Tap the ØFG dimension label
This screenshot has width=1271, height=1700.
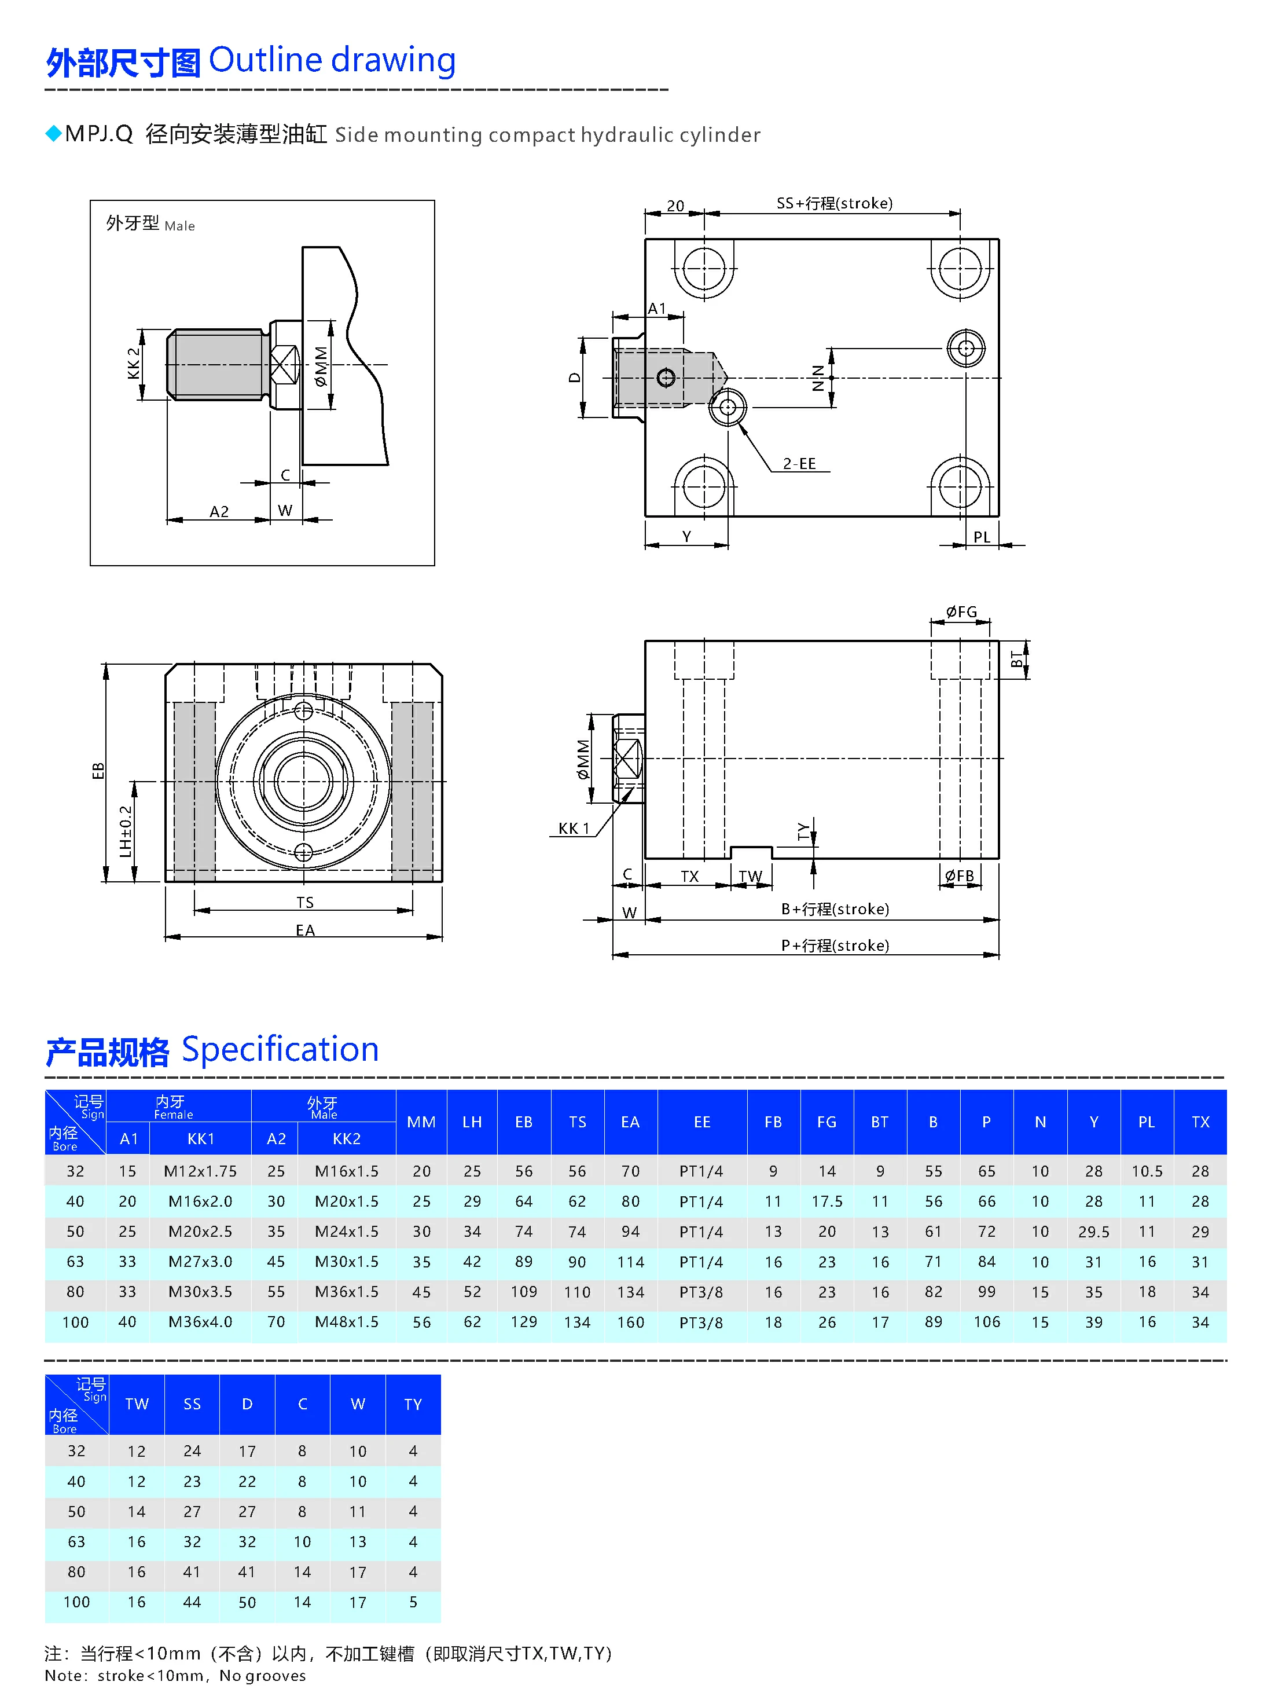point(961,612)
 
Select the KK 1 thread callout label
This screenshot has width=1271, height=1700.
point(573,829)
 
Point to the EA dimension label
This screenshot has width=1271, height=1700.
point(305,930)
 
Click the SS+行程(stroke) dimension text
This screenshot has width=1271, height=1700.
point(834,204)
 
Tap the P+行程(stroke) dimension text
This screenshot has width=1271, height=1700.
point(835,946)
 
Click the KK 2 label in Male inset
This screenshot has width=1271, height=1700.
point(134,362)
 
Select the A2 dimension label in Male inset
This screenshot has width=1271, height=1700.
point(219,511)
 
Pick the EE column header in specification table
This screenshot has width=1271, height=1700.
point(701,1122)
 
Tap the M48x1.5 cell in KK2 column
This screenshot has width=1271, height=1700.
point(347,1322)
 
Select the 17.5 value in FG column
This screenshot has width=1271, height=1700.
point(827,1201)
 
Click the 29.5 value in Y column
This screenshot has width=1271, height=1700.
point(1093,1232)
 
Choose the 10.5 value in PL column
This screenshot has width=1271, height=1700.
point(1147,1171)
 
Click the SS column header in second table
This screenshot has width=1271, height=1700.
point(192,1404)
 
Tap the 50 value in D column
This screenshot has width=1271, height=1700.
point(247,1602)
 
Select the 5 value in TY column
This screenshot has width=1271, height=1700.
point(413,1602)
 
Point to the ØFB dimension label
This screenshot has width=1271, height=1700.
point(959,875)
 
